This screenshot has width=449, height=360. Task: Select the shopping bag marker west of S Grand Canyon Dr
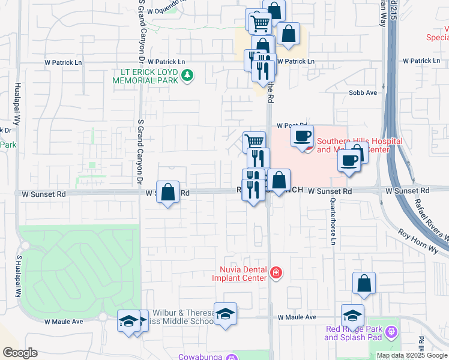(168, 193)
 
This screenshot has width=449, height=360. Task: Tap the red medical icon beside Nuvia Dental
(276, 273)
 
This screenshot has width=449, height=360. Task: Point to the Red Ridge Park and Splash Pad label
(354, 333)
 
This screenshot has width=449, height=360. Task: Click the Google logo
(20, 353)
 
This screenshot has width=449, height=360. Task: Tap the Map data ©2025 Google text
(412, 355)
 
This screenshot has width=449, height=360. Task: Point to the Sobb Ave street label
(363, 93)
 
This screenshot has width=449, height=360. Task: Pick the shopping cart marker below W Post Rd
(254, 142)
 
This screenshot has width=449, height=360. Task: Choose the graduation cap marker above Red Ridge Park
(352, 315)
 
